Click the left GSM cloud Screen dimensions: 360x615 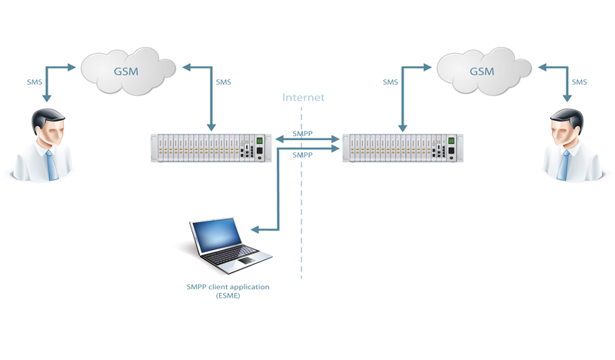point(128,71)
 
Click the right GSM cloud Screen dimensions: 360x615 point(482,71)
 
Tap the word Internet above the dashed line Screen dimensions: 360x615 point(303,98)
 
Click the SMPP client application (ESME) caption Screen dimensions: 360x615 point(228,291)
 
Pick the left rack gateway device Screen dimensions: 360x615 point(211,147)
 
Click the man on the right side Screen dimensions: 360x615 point(567,146)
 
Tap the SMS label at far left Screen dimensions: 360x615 point(34,82)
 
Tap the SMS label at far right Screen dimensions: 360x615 point(579,82)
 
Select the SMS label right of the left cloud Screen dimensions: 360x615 point(223,82)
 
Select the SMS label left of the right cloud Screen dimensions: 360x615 point(391,82)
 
